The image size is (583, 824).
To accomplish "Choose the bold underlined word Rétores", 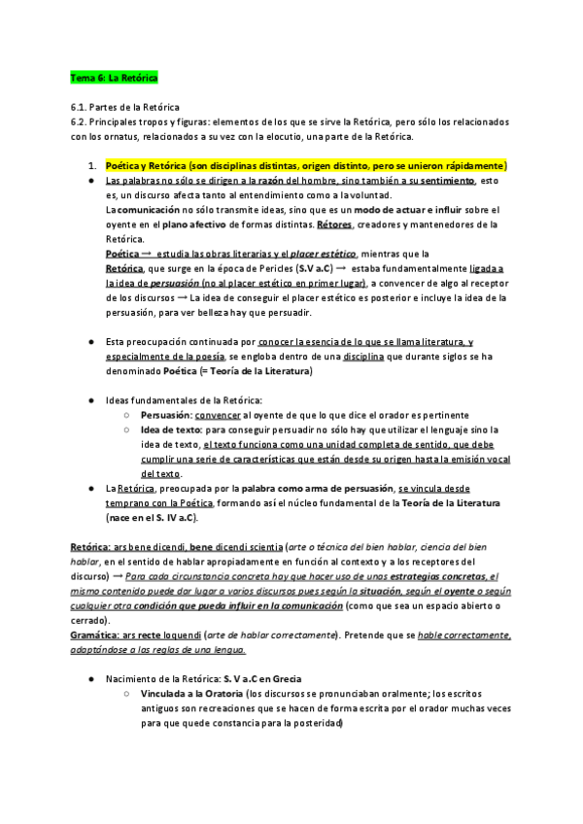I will [x=335, y=223].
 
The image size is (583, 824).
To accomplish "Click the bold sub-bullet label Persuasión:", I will [x=166, y=414].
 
